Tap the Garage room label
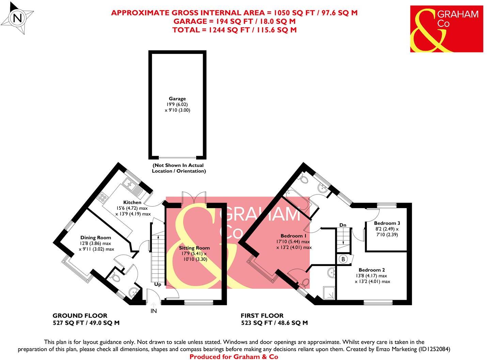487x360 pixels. (x=177, y=99)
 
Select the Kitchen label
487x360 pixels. (x=132, y=202)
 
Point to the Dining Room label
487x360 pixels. (x=95, y=237)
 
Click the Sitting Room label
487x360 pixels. (x=194, y=248)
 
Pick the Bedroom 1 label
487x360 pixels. (x=294, y=236)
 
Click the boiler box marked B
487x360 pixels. (x=343, y=259)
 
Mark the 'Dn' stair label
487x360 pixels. (x=343, y=225)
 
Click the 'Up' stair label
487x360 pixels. (x=158, y=284)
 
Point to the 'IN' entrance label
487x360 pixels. (x=154, y=311)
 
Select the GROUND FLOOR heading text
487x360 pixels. (x=80, y=316)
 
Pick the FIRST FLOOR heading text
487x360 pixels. (x=262, y=316)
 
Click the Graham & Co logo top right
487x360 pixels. (x=446, y=29)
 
